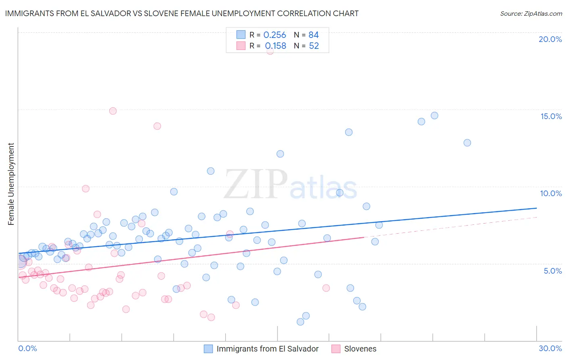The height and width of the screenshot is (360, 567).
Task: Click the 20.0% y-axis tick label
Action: pos(550,39)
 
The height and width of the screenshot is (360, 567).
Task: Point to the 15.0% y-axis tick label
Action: pos(551,116)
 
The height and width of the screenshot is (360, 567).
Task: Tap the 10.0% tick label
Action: pos(551,193)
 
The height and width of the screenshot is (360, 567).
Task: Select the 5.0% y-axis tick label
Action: pos(552,271)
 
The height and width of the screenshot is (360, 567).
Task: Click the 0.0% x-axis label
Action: pos(27,348)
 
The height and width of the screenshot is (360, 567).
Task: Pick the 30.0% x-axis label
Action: pos(550,348)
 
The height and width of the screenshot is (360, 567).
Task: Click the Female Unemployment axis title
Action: pos(11,184)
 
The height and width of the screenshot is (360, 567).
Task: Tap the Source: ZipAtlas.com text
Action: pos(531,14)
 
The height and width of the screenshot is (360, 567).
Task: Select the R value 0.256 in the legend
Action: pos(275,35)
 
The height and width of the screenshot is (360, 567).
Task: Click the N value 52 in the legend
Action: pos(314,46)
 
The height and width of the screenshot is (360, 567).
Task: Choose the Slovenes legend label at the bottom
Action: pos(360,349)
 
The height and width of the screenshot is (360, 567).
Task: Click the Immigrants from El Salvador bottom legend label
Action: pos(267,349)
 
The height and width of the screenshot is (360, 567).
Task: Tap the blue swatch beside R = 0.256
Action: pos(241,35)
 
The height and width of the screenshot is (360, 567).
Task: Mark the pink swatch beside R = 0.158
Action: pos(241,46)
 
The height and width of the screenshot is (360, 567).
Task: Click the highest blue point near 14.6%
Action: pos(434,115)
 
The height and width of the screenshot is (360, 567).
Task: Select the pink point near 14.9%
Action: pos(113,111)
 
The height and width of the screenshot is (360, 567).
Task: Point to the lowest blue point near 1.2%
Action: pos(300,322)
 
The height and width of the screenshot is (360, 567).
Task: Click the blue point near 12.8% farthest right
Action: pos(467,142)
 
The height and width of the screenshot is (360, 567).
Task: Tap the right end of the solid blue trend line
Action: pos(536,208)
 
